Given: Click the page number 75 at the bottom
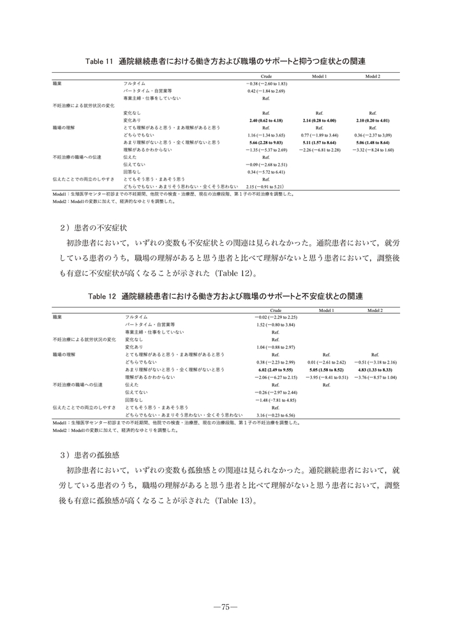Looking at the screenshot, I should (x=225, y=607).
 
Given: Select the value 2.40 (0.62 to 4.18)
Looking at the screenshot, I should (x=266, y=120).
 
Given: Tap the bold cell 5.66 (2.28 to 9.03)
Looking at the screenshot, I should (x=266, y=142).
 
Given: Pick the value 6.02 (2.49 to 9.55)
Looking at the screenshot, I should (x=275, y=369).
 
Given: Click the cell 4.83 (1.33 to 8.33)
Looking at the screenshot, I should (x=374, y=369).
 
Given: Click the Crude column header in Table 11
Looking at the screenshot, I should (x=266, y=76).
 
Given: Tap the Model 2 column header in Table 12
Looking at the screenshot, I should (x=374, y=310).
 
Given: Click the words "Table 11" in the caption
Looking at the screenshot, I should (x=99, y=61).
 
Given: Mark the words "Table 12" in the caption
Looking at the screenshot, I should (x=99, y=296).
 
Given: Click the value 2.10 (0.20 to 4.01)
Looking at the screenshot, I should (x=373, y=120).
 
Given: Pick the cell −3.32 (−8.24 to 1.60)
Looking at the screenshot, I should (x=373, y=150).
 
